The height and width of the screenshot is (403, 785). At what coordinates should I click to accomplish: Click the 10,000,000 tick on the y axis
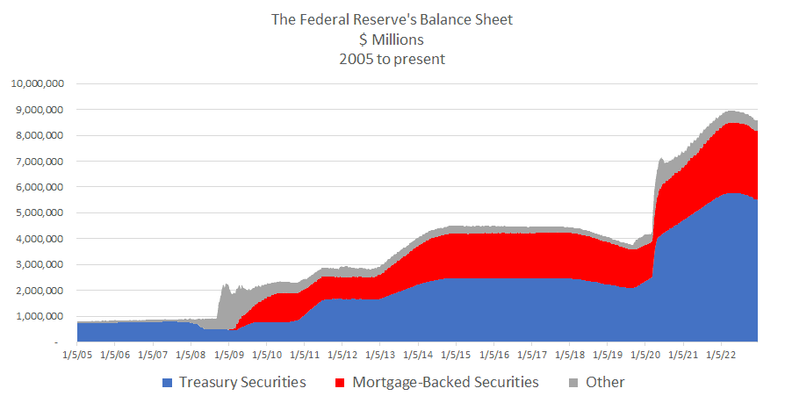[36, 84]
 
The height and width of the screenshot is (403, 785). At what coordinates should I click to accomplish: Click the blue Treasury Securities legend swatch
[168, 383]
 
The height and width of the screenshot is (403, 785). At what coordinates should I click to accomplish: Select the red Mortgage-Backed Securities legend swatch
[341, 383]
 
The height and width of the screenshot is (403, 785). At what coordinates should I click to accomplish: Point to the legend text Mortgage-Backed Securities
[446, 383]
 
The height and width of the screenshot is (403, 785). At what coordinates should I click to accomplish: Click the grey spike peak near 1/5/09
[226, 284]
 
